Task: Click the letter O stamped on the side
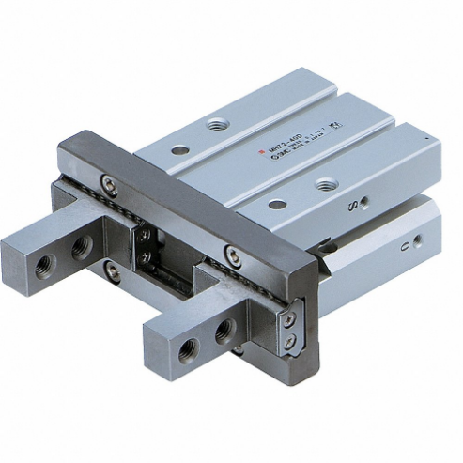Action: (x=405, y=245)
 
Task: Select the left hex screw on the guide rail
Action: (x=109, y=184)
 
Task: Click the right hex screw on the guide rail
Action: (x=231, y=253)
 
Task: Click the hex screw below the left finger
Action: (x=112, y=272)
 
